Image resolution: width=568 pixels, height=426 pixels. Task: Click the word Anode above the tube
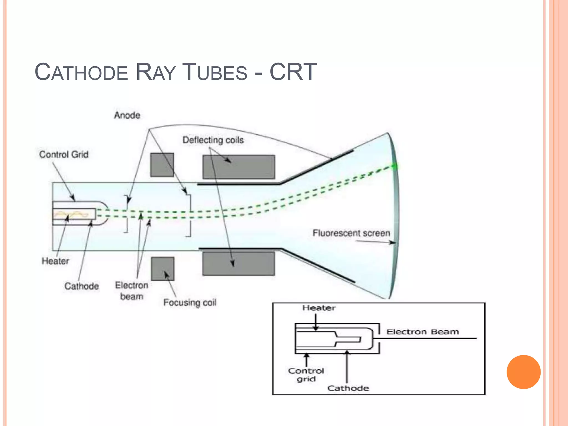click(127, 115)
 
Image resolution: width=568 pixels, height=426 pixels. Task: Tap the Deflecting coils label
click(213, 140)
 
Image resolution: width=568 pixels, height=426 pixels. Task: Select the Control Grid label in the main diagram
click(64, 154)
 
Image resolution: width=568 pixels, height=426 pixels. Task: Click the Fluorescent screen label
click(351, 233)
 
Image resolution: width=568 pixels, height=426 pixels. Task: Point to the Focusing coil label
click(190, 302)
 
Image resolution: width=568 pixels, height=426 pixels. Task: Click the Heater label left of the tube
click(55, 261)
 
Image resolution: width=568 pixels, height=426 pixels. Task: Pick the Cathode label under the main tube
click(82, 286)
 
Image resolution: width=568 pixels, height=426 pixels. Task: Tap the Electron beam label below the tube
click(131, 291)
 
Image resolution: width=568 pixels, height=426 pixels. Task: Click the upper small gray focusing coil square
click(162, 165)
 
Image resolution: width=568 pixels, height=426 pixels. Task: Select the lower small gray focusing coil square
click(163, 269)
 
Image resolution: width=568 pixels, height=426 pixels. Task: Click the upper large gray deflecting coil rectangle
click(239, 167)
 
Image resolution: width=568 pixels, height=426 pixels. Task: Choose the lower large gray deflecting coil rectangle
click(239, 263)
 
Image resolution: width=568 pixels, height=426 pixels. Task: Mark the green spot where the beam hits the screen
click(394, 166)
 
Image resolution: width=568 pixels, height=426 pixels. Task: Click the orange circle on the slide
click(523, 372)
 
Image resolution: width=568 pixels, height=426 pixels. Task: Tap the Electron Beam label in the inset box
click(422, 332)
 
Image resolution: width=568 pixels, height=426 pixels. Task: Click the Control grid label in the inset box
click(306, 375)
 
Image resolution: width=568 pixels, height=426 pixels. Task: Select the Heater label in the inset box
click(319, 308)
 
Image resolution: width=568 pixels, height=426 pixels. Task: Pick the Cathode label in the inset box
click(348, 388)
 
